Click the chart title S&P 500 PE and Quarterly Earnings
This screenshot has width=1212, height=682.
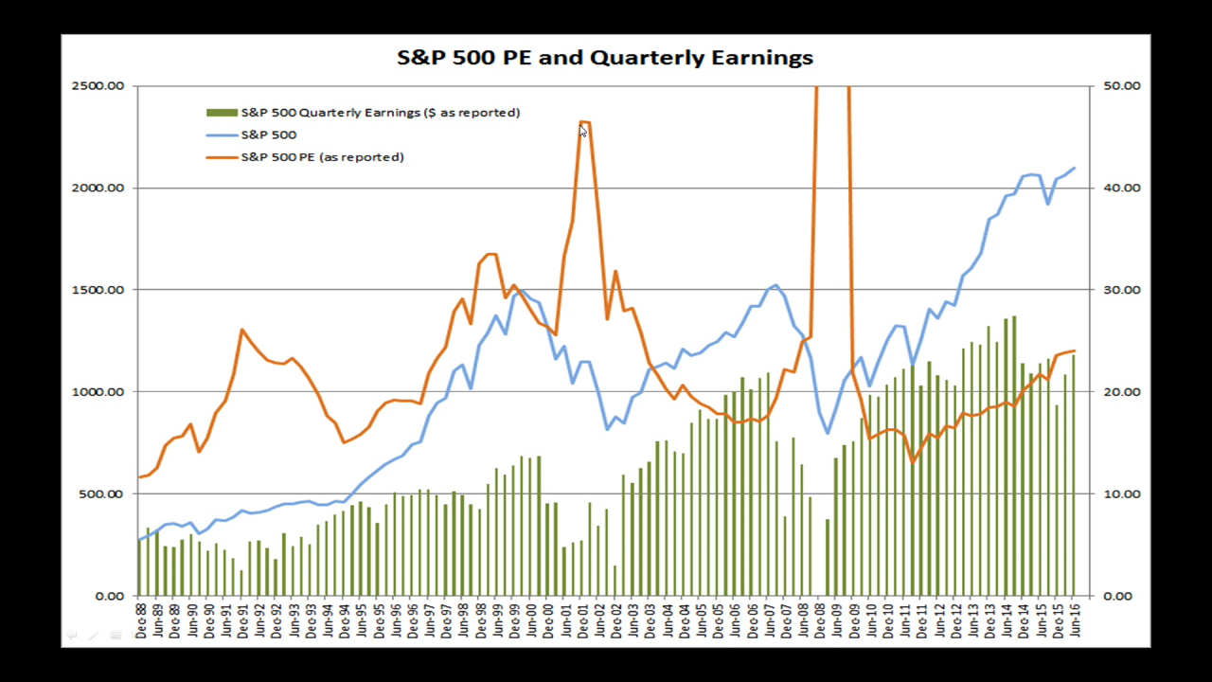604,58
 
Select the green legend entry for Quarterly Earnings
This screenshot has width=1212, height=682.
380,113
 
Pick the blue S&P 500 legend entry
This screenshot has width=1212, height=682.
268,135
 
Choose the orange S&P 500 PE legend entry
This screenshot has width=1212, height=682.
322,157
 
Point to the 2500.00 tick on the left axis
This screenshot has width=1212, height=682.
98,86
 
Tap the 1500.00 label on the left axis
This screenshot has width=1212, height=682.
98,290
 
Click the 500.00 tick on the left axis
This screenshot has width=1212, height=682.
101,494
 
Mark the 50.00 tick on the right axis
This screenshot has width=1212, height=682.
1122,86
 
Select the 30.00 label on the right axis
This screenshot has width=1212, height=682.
1122,290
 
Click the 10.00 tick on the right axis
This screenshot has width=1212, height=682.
1122,494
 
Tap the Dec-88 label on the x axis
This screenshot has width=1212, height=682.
140,620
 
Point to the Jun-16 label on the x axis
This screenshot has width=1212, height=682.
1075,620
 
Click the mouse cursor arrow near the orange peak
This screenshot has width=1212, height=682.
583,132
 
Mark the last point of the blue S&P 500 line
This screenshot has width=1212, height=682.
1074,169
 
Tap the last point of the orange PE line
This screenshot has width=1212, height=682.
1074,351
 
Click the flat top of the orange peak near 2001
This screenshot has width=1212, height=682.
585,122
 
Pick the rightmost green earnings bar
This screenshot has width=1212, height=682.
1073,475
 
